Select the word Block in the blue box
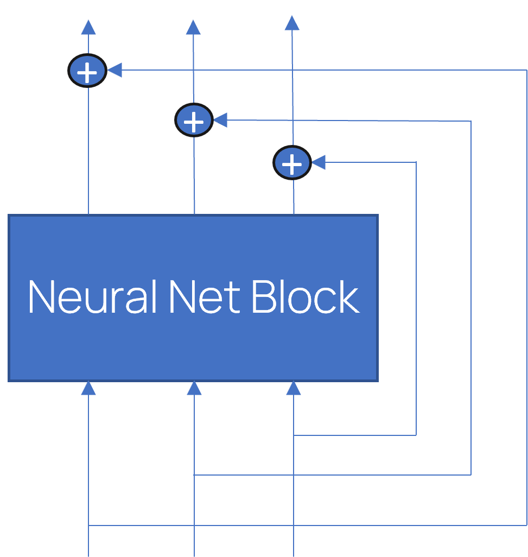(306, 297)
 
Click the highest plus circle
(87, 71)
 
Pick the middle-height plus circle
(194, 120)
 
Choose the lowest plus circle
(292, 162)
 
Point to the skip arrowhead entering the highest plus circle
(114, 70)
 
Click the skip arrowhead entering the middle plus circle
(220, 120)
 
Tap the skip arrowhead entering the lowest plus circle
(319, 162)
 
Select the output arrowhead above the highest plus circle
(88, 28)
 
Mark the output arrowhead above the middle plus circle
(193, 28)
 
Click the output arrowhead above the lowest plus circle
(292, 23)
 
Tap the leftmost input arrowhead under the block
(88, 388)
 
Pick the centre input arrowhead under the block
(194, 388)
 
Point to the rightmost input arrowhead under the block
(294, 388)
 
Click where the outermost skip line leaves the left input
(88, 526)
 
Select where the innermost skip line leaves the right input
(294, 435)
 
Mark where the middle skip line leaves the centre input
(194, 475)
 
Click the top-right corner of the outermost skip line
(526, 70)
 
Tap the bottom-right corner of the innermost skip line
(416, 435)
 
